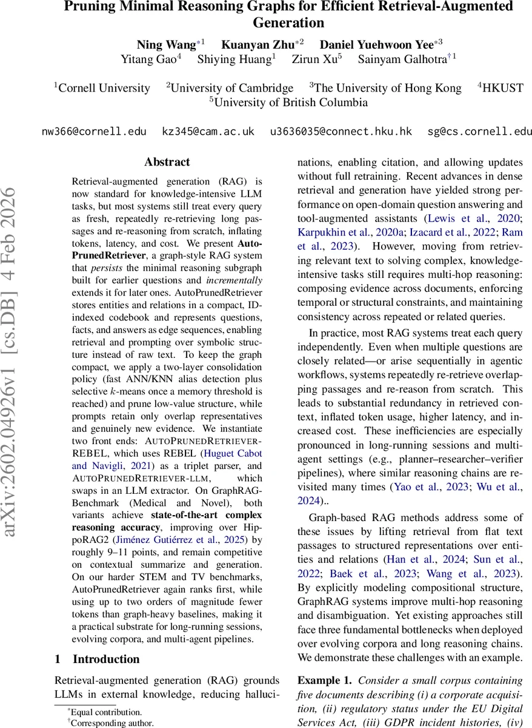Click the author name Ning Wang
click(166, 44)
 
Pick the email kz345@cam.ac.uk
click(208, 132)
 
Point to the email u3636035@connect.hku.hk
click(341, 132)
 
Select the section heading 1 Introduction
click(97, 659)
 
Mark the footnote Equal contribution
click(106, 712)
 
